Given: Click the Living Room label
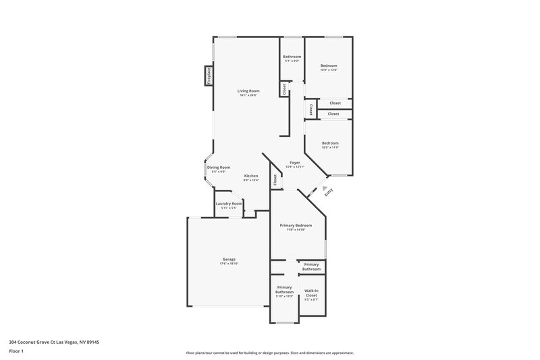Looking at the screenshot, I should tap(248, 91).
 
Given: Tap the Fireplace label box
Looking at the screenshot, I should tap(209, 76).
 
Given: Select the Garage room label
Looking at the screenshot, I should tap(229, 259).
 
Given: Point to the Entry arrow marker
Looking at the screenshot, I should tap(324, 188).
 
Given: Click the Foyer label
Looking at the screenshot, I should tap(294, 162).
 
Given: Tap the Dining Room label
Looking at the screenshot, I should tap(219, 167).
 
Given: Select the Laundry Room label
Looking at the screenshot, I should tap(229, 203).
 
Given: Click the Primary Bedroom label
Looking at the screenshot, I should tap(296, 225).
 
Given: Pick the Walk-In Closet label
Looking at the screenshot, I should tap(311, 292).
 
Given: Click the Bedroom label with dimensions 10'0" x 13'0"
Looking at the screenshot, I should tap(328, 66).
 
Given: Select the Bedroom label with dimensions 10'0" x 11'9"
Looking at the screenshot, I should tap(330, 143).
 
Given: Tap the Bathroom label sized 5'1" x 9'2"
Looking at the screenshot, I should tap(292, 56).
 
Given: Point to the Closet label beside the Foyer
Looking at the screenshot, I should tap(275, 180).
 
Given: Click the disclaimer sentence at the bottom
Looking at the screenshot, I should tap(269, 353).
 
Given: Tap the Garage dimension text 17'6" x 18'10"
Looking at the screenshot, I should tap(229, 263).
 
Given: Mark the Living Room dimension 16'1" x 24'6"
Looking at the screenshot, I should tap(248, 95).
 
